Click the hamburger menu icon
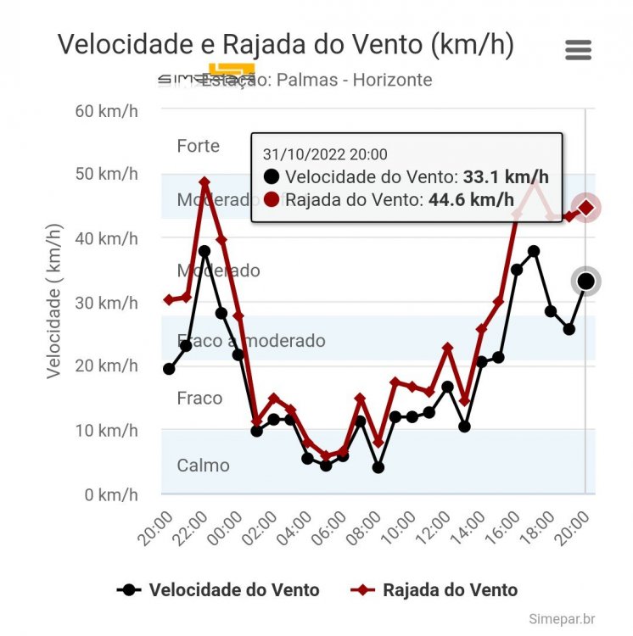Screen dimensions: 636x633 pyautogui.click(x=578, y=50)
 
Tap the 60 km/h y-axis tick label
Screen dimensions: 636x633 pyautogui.click(x=105, y=111)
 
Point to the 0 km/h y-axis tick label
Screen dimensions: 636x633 pyautogui.click(x=109, y=494)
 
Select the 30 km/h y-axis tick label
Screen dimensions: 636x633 pyautogui.click(x=105, y=303)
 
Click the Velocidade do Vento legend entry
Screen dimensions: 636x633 pyautogui.click(x=218, y=590)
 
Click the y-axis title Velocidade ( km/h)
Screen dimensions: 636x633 pyautogui.click(x=54, y=300)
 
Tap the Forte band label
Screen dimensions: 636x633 pyautogui.click(x=198, y=146)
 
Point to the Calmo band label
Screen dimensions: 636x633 pyautogui.click(x=203, y=465)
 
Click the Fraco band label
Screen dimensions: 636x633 pyautogui.click(x=199, y=398)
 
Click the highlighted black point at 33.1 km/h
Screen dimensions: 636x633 pyautogui.click(x=586, y=282)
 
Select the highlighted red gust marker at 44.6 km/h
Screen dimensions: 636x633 pyautogui.click(x=586, y=208)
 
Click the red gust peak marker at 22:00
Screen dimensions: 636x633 pyautogui.click(x=204, y=182)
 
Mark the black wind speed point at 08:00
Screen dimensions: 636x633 pyautogui.click(x=378, y=467)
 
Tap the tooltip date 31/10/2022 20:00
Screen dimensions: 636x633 pyautogui.click(x=325, y=154)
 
